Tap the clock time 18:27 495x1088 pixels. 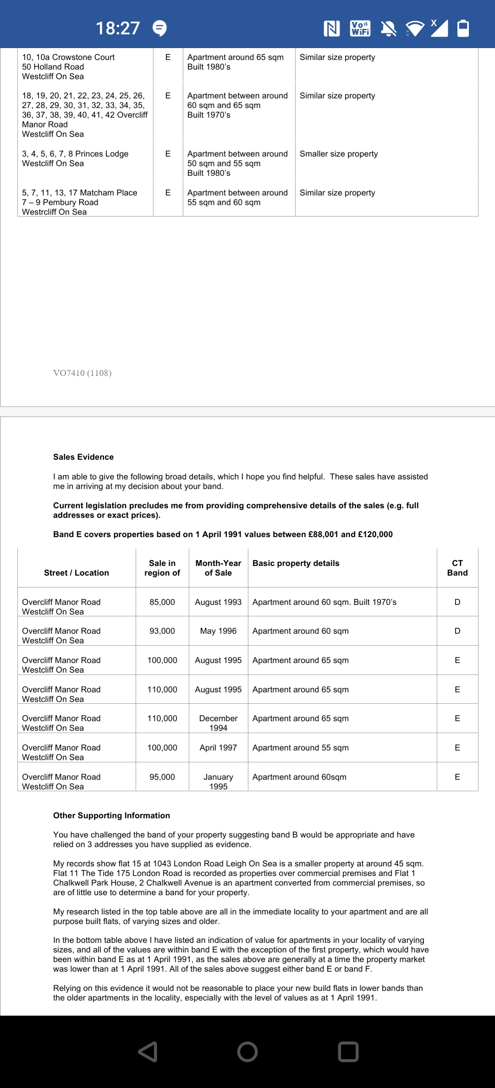pos(118,28)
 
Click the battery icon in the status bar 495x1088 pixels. pos(463,28)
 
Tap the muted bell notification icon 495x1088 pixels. pos(389,28)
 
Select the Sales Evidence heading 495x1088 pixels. pos(83,457)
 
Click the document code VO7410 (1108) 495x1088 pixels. pos(82,373)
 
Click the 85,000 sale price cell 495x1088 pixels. pos(162,602)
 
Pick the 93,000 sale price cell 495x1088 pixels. pos(162,631)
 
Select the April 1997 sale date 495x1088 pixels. pos(218,748)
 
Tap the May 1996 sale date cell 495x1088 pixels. pos(218,631)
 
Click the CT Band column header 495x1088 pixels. pos(457,568)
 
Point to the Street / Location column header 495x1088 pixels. pos(77,573)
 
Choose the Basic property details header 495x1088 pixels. pos(296,563)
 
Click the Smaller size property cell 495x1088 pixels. pos(339,154)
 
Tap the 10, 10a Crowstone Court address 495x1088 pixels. pos(69,57)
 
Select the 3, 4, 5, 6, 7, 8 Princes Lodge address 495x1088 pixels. pos(75,154)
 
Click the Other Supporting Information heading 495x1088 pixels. pos(111,816)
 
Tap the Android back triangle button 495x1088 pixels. pos(148,1052)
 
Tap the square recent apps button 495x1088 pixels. pos(348,1052)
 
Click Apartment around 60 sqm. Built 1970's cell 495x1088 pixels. pos(324,602)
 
